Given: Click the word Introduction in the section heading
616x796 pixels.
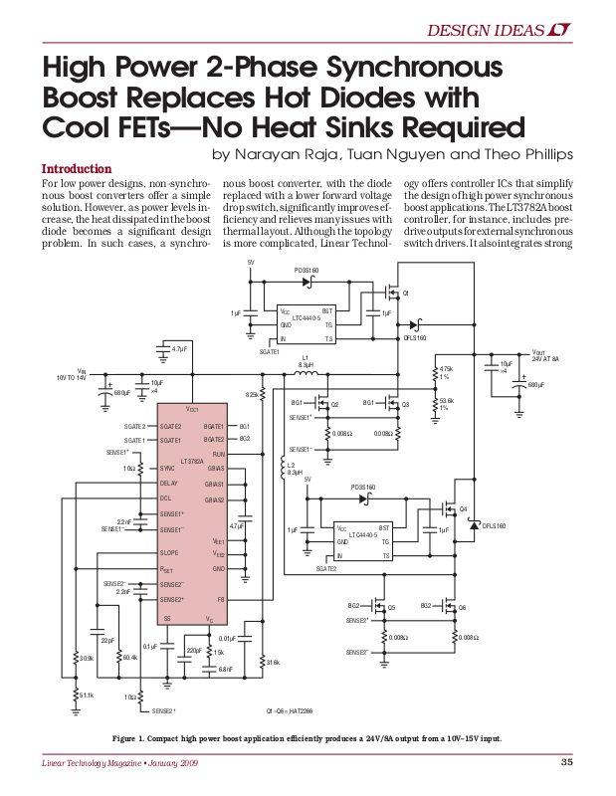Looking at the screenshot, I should click(x=75, y=169).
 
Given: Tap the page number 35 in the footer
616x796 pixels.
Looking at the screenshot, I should click(x=566, y=763).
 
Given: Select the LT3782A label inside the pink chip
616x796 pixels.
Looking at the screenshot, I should click(x=192, y=462).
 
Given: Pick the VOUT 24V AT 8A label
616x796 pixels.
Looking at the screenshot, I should click(x=545, y=355).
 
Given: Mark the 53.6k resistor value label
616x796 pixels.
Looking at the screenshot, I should click(x=446, y=403).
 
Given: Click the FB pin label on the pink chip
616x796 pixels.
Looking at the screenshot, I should click(x=221, y=600).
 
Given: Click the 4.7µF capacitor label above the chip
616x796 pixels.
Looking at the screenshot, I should click(x=179, y=349).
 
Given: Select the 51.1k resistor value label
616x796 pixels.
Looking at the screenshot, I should click(x=87, y=696).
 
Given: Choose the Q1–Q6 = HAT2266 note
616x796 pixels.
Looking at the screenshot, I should click(x=290, y=711).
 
